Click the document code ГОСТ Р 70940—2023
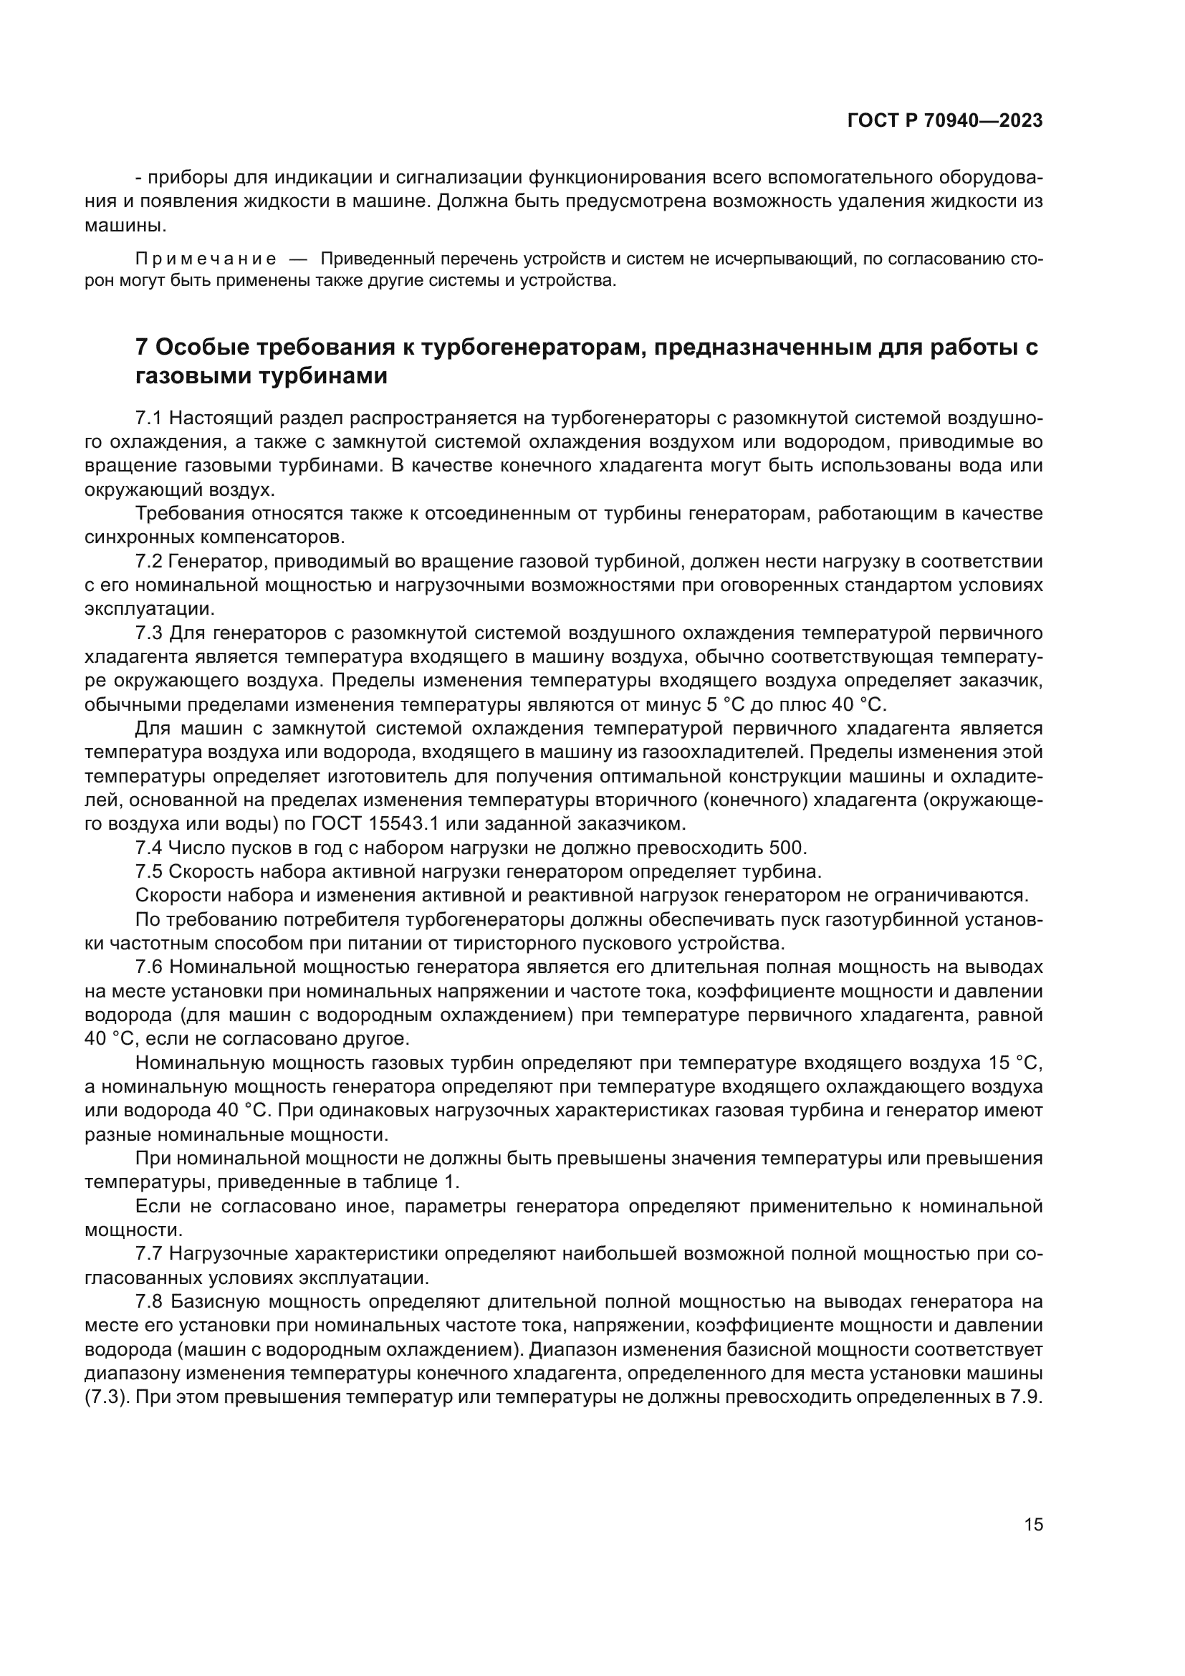[x=944, y=121]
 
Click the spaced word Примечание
[x=206, y=259]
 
